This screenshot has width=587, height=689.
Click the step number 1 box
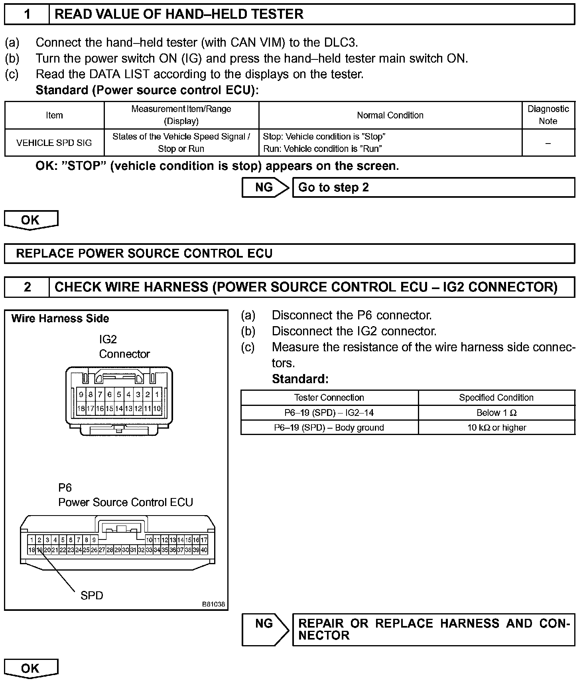click(27, 14)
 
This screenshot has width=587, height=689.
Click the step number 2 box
click(27, 287)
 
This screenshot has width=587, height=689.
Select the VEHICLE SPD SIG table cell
click(54, 143)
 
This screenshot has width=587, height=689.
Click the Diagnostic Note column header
click(548, 115)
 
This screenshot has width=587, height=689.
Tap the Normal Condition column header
click(390, 115)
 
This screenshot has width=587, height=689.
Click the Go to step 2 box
click(433, 187)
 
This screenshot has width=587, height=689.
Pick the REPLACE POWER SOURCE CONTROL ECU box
click(289, 254)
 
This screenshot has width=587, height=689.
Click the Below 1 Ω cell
click(496, 413)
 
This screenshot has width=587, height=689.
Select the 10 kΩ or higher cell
click(496, 427)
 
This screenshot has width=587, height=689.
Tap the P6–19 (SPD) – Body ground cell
click(329, 427)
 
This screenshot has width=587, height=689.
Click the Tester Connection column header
click(329, 398)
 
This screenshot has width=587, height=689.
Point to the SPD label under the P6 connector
click(92, 595)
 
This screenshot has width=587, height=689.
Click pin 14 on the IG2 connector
click(119, 409)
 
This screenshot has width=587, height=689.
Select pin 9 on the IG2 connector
click(81, 395)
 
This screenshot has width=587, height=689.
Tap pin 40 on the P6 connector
click(204, 550)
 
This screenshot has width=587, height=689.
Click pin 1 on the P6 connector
click(32, 540)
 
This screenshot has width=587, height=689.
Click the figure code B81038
click(214, 604)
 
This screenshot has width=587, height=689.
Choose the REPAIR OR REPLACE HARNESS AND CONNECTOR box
click(433, 630)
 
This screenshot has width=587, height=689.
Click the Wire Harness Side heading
click(60, 319)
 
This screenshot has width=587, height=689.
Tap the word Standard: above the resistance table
click(300, 379)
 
